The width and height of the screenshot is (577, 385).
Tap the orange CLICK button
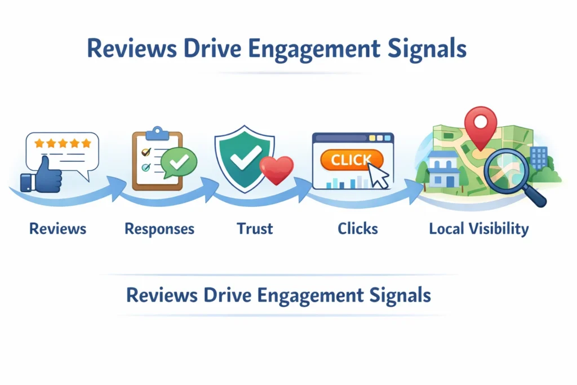(350, 160)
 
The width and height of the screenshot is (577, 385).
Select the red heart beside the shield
(277, 170)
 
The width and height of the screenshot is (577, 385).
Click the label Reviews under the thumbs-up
(58, 229)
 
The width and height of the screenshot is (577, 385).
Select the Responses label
(159, 229)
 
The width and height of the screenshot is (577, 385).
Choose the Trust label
(255, 229)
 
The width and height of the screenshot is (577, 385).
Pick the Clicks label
(358, 229)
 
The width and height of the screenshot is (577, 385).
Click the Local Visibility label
(479, 229)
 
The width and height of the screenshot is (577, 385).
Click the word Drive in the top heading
(215, 49)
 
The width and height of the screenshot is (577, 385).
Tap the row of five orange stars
(63, 144)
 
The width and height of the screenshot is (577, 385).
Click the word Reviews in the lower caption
(162, 295)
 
